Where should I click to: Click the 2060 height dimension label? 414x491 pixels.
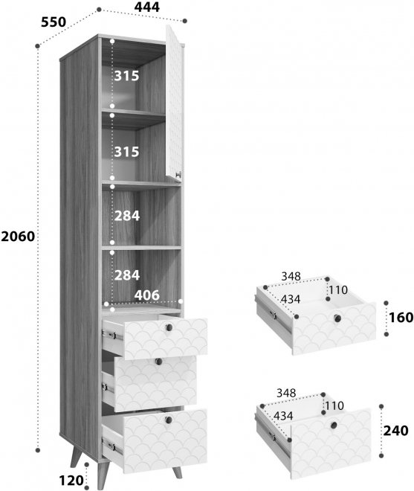pos(18,237)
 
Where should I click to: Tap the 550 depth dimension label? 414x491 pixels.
pos(54,22)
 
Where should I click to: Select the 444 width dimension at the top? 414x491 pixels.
pos(146,7)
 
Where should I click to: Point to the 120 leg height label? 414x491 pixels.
pos(71,481)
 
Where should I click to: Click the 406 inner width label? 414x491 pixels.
pos(146,295)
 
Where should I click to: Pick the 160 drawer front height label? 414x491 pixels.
pos(401,318)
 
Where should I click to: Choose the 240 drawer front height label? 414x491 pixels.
pos(396,431)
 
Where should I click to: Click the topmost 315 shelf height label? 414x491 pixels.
pos(126,76)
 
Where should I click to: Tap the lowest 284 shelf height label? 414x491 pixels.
pos(127,275)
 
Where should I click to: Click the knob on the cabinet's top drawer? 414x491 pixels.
pos(169,327)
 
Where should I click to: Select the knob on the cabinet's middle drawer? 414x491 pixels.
pos(158,362)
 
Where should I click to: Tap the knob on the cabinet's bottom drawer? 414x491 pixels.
pos(169,420)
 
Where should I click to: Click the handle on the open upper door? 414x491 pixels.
pos(178,175)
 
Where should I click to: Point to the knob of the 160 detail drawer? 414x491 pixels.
pos(337,318)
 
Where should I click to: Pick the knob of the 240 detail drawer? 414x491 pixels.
pos(334,426)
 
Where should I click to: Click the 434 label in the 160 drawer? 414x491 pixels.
pos(290,299)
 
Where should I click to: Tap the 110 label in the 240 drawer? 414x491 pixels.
pos(334,406)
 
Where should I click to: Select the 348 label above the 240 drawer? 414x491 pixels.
pos(286,393)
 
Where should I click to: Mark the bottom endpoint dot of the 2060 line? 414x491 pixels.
pos(38,450)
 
